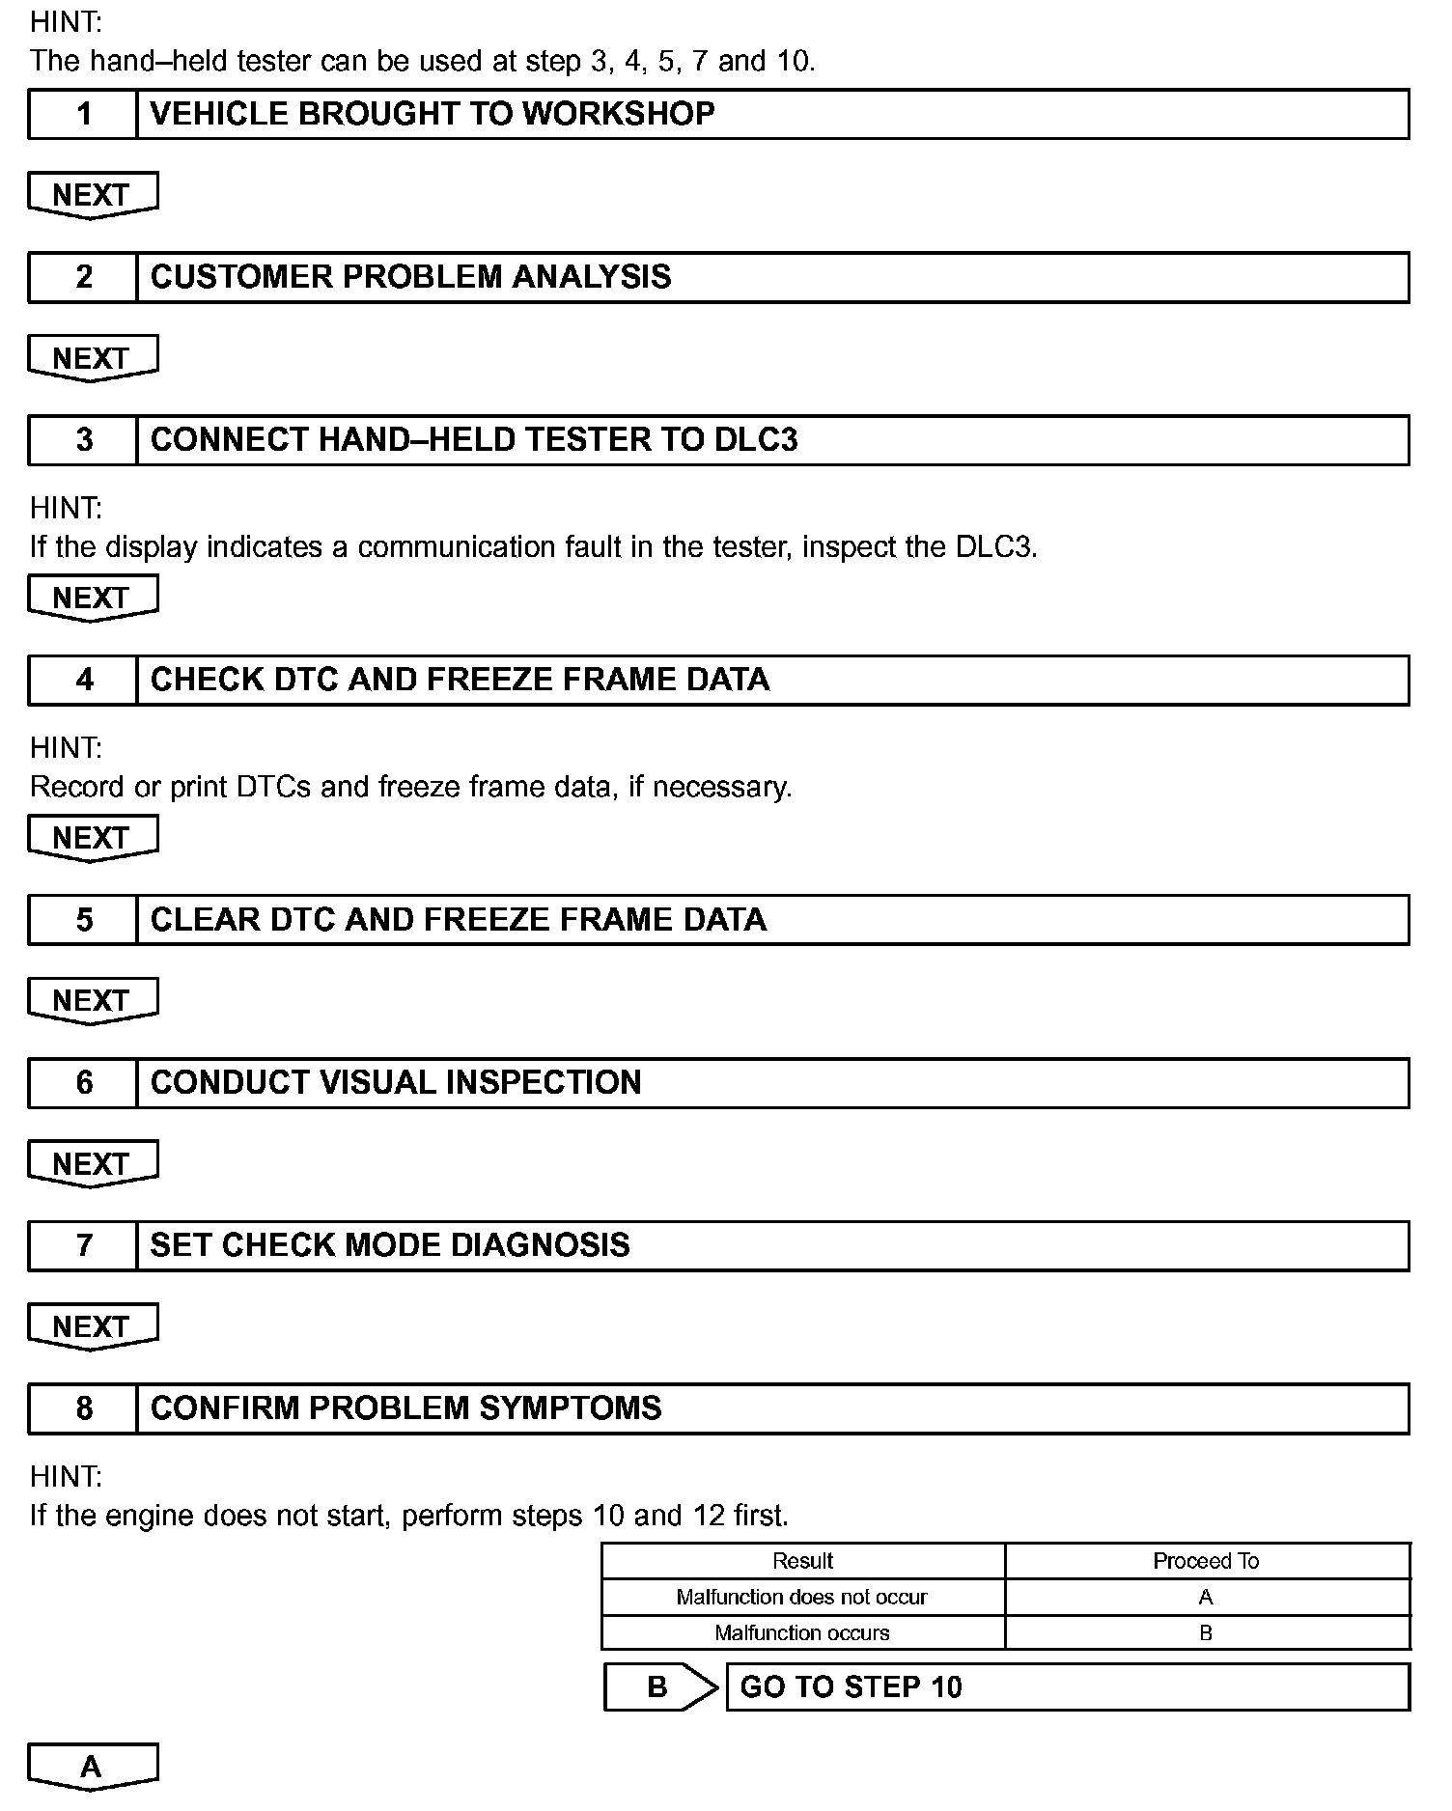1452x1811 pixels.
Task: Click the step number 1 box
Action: point(83,114)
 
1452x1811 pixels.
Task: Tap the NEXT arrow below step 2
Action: point(92,358)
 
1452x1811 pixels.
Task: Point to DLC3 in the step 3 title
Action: point(756,440)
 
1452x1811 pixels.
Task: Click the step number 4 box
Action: point(83,680)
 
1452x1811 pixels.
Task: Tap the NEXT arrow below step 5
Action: point(92,1000)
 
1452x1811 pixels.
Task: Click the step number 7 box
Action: point(83,1245)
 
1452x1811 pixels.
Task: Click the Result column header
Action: point(802,1561)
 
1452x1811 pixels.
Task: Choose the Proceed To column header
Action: point(1206,1561)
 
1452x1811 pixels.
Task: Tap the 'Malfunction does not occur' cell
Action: point(801,1597)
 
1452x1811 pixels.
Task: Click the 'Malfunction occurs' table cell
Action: point(801,1632)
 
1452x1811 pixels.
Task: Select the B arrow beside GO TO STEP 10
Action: point(659,1686)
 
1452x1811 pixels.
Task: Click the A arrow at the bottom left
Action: point(92,1767)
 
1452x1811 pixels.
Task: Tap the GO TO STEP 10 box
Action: point(1066,1686)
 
